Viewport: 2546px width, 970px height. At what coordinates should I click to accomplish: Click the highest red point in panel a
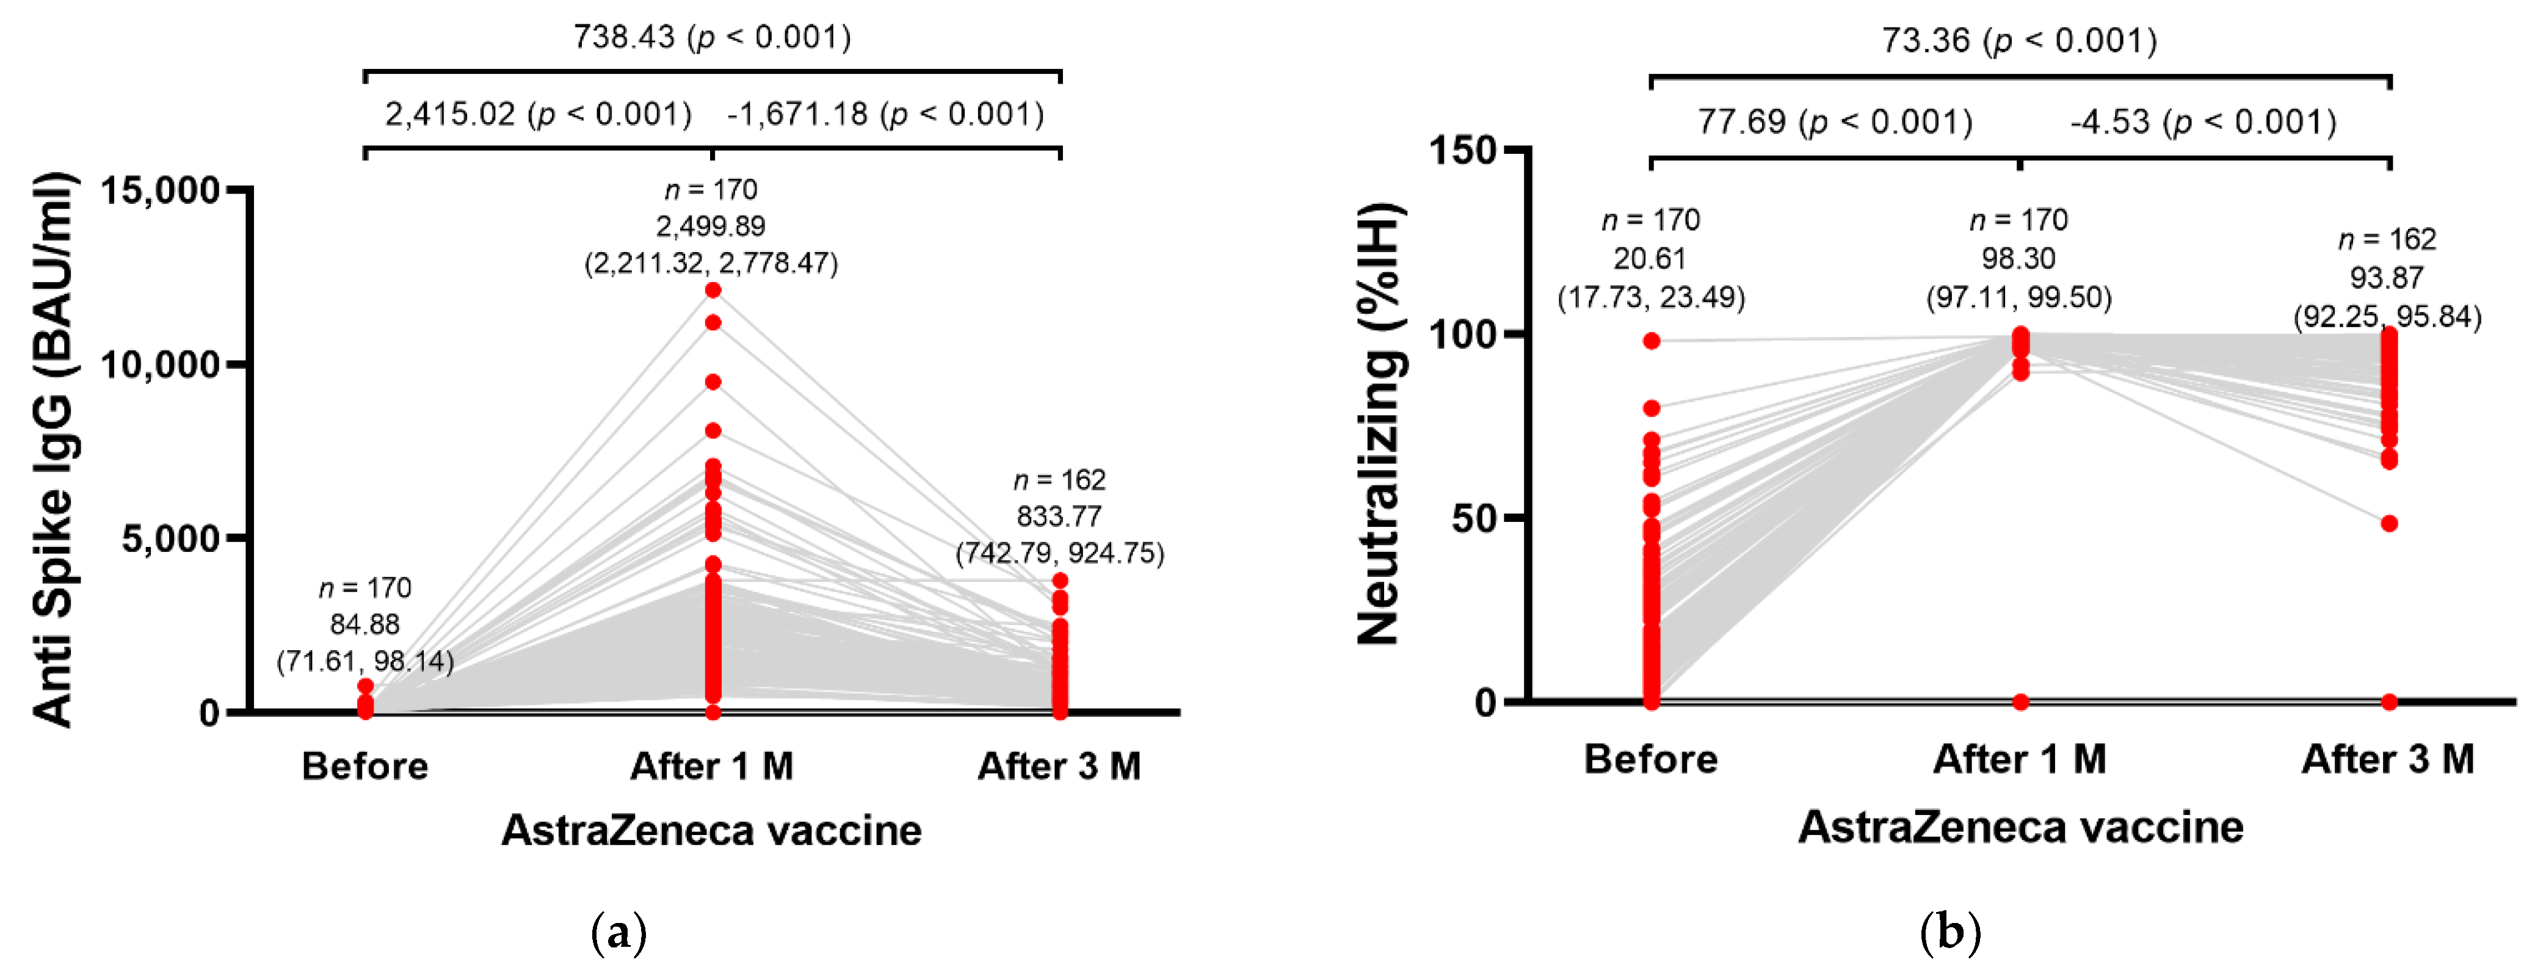point(713,289)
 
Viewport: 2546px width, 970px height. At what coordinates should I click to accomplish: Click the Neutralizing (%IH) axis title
point(1379,425)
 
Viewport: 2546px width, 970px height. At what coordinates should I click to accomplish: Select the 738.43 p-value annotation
point(712,37)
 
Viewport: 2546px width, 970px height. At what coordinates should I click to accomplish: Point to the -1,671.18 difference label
point(885,115)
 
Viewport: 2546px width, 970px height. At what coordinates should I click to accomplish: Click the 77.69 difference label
point(1834,123)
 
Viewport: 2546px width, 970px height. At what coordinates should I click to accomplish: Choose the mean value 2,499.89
point(711,226)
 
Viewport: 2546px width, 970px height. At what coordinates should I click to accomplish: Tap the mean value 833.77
point(1059,516)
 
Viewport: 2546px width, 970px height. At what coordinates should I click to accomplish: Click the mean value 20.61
point(1650,259)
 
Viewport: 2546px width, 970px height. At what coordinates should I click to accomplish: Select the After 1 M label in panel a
point(712,766)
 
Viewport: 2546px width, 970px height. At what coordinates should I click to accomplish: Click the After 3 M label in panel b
point(2388,759)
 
